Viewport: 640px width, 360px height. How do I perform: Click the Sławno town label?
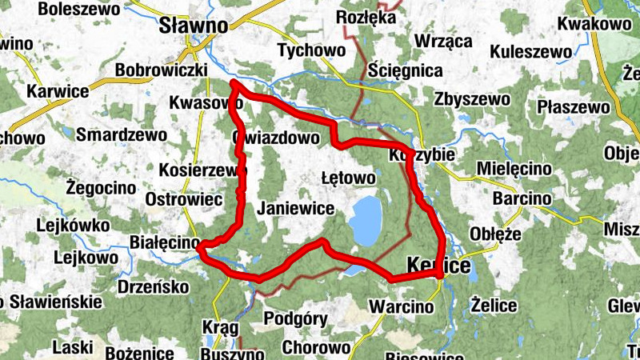[x=194, y=25]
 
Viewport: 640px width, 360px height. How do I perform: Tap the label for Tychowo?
[x=310, y=50]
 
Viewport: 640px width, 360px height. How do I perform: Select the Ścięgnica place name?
[x=406, y=71]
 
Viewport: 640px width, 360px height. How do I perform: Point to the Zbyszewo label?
[x=472, y=99]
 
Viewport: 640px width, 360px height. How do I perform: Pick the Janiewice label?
[x=295, y=207]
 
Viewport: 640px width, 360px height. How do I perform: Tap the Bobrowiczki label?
[x=162, y=70]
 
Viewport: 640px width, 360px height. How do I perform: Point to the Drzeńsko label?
[x=152, y=286]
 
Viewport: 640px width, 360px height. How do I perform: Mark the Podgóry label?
[x=295, y=318]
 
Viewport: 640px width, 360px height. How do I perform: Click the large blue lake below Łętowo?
[x=366, y=221]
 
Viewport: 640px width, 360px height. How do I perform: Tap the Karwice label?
[x=58, y=90]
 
